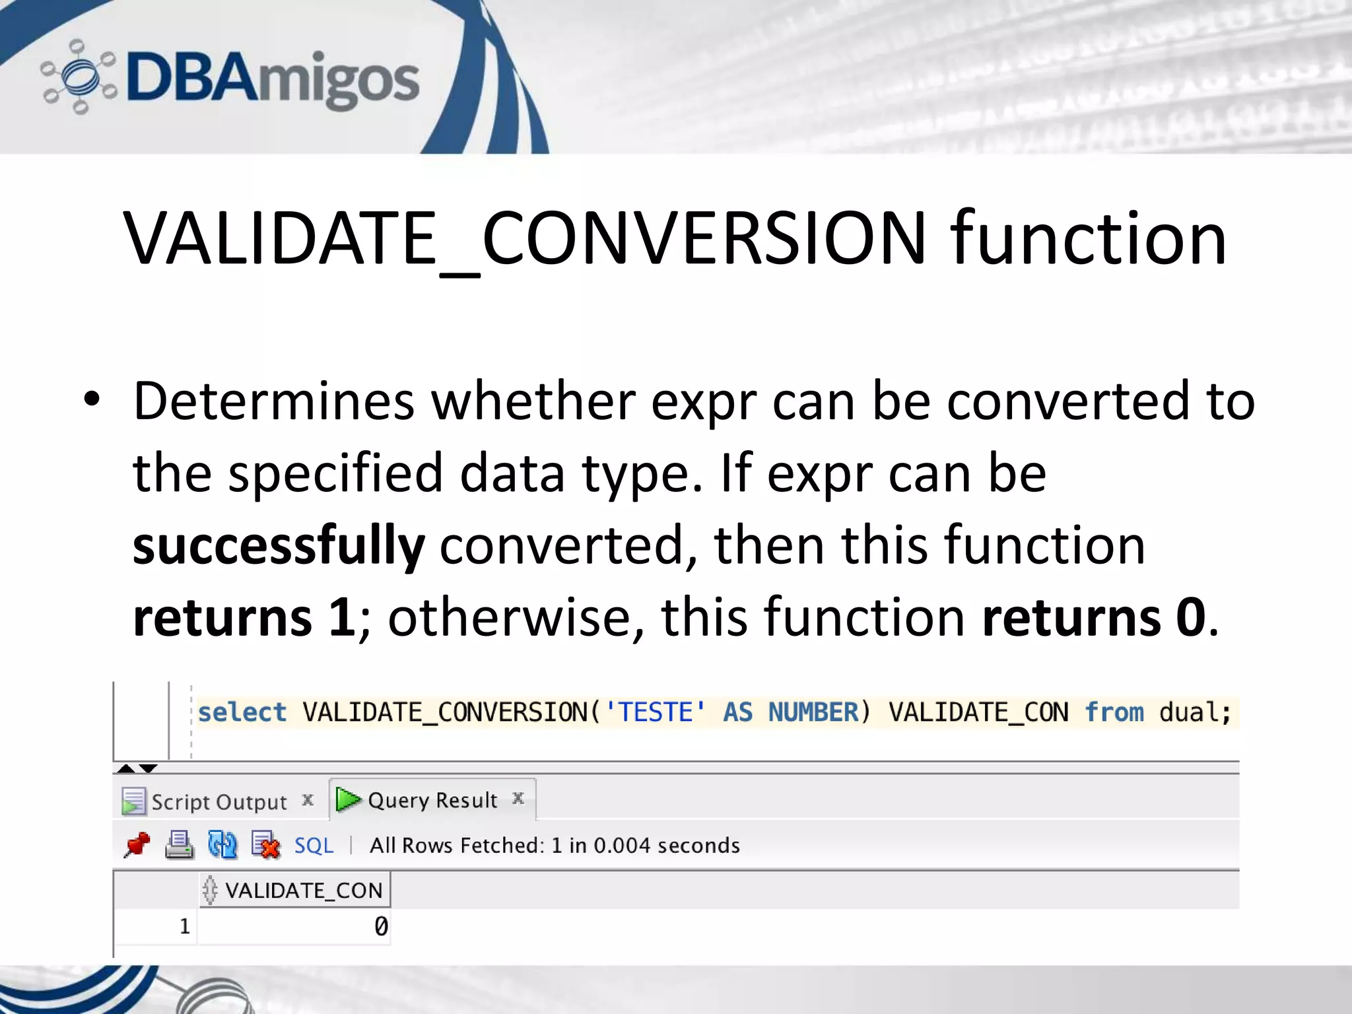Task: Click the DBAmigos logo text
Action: click(272, 79)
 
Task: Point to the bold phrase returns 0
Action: click(1093, 618)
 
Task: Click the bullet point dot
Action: click(92, 399)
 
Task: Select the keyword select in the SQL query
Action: click(242, 713)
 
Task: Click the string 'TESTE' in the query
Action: click(655, 713)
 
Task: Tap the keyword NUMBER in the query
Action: click(813, 713)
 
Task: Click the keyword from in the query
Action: click(1114, 713)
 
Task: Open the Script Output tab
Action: click(219, 802)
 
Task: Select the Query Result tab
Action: click(432, 800)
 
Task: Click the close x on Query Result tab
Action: click(518, 799)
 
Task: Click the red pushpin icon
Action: click(137, 845)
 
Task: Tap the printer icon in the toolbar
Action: click(179, 845)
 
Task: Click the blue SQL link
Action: click(314, 846)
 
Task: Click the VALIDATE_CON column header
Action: click(303, 891)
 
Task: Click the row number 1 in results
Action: click(185, 927)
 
